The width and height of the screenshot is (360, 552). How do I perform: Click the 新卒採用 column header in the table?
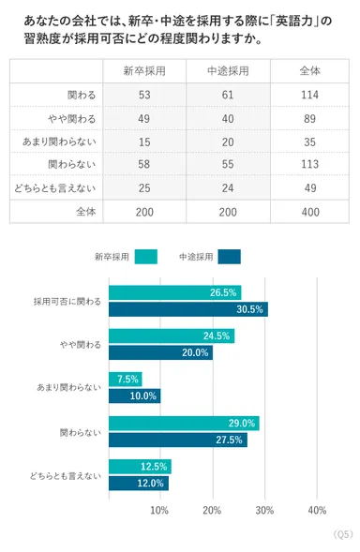tap(144, 71)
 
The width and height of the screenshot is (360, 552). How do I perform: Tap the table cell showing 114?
tap(307, 95)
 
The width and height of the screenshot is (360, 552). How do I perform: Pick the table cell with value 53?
tap(144, 95)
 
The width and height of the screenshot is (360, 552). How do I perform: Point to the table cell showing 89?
tap(307, 118)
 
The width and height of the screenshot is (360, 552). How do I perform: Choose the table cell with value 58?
tap(144, 165)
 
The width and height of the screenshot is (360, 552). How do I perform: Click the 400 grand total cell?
tap(307, 212)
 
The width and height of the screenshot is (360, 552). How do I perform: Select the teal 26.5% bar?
tap(174, 292)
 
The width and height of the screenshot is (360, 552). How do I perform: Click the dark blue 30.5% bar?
tap(187, 308)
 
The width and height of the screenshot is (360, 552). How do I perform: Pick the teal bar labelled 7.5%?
tap(126, 380)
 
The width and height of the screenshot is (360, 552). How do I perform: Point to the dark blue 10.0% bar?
tap(134, 395)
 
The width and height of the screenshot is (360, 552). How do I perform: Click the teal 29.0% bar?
tap(183, 424)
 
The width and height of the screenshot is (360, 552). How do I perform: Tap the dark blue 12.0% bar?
tap(139, 484)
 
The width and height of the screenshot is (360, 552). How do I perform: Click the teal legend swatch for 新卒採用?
tap(145, 256)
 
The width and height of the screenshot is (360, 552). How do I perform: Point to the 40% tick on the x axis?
tap(316, 511)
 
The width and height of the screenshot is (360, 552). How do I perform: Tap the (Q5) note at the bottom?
tap(342, 534)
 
